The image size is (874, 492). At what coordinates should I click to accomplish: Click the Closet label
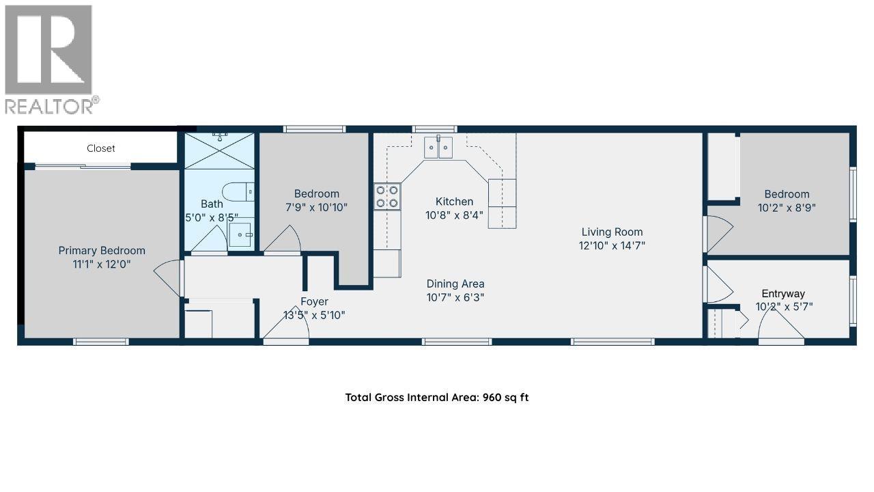click(x=101, y=148)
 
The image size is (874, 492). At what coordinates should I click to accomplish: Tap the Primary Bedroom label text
click(x=102, y=251)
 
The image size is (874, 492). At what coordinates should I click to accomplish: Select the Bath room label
click(x=212, y=204)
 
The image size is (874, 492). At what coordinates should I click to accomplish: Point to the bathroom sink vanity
click(x=241, y=235)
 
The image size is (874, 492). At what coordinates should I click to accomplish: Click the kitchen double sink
click(x=438, y=148)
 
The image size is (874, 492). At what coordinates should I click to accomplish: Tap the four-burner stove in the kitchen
click(x=387, y=196)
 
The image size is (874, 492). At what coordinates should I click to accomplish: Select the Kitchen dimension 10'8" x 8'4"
click(x=455, y=215)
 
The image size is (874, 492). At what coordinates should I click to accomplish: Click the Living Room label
click(x=612, y=232)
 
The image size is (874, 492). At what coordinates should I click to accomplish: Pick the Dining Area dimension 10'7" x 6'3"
click(x=455, y=297)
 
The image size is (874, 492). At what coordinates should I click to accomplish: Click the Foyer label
click(x=314, y=301)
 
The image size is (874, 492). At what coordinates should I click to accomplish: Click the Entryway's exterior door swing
click(x=782, y=329)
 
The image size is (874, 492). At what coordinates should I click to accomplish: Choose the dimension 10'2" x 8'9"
click(x=787, y=207)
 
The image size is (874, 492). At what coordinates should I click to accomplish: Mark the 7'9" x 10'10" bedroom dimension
click(x=316, y=207)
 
